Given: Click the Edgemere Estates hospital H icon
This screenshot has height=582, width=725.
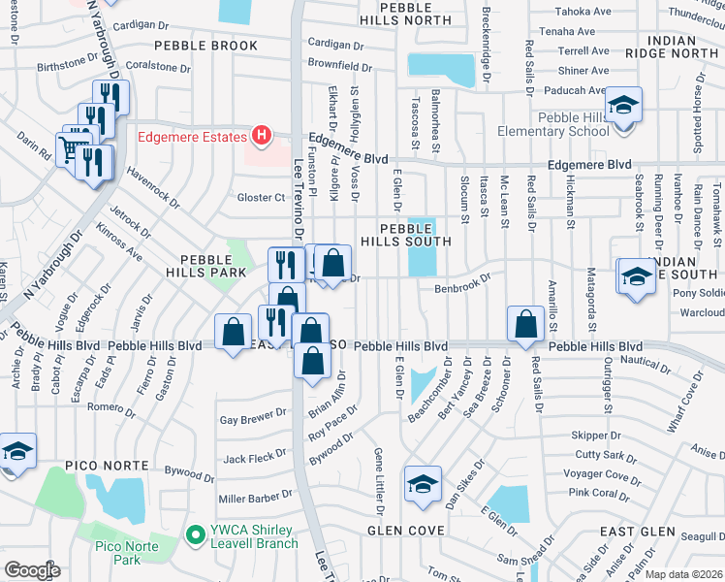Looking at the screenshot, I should pyautogui.click(x=259, y=137).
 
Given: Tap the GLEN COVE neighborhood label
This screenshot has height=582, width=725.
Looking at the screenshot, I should pyautogui.click(x=405, y=531).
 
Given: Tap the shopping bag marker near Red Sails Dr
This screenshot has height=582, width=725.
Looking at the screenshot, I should pyautogui.click(x=525, y=325).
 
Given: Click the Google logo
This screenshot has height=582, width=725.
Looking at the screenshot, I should pyautogui.click(x=32, y=570).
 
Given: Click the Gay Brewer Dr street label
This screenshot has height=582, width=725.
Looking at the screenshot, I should pyautogui.click(x=254, y=420).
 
